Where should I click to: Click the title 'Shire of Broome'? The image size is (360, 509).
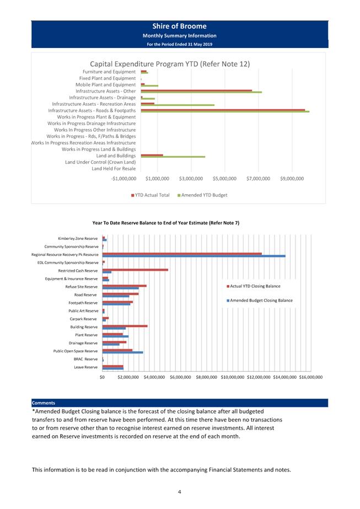pyautogui.click(x=179, y=26)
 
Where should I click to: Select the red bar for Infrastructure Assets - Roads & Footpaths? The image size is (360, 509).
pyautogui.click(x=223, y=110)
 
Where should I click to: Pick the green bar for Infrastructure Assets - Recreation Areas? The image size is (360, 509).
pyautogui.click(x=178, y=105)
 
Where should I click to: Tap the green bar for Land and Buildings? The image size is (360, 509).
pyautogui.click(x=173, y=157)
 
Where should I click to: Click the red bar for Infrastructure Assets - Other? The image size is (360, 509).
pyautogui.click(x=196, y=90)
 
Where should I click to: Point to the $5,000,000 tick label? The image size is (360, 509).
pyautogui.click(x=224, y=179)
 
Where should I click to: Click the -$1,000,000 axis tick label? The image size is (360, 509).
pyautogui.click(x=123, y=179)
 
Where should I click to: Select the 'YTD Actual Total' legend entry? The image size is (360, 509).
pyautogui.click(x=151, y=195)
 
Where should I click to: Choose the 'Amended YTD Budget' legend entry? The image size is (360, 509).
pyautogui.click(x=202, y=195)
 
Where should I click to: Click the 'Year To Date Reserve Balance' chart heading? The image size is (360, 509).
pyautogui.click(x=166, y=223)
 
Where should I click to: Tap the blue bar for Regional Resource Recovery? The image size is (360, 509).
pyautogui.click(x=194, y=256)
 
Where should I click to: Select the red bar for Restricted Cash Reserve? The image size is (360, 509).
pyautogui.click(x=136, y=270)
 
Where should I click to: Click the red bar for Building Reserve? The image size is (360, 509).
pyautogui.click(x=125, y=326)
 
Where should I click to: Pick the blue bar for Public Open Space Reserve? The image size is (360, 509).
pyautogui.click(x=123, y=352)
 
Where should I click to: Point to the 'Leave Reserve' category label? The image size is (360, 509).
pyautogui.click(x=85, y=367)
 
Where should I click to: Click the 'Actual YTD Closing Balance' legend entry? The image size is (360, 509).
pyautogui.click(x=254, y=286)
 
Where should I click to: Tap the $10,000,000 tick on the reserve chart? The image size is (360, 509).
pyautogui.click(x=233, y=377)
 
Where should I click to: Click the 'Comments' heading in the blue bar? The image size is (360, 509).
pyautogui.click(x=44, y=403)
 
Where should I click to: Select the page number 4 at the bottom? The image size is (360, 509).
pyautogui.click(x=180, y=492)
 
